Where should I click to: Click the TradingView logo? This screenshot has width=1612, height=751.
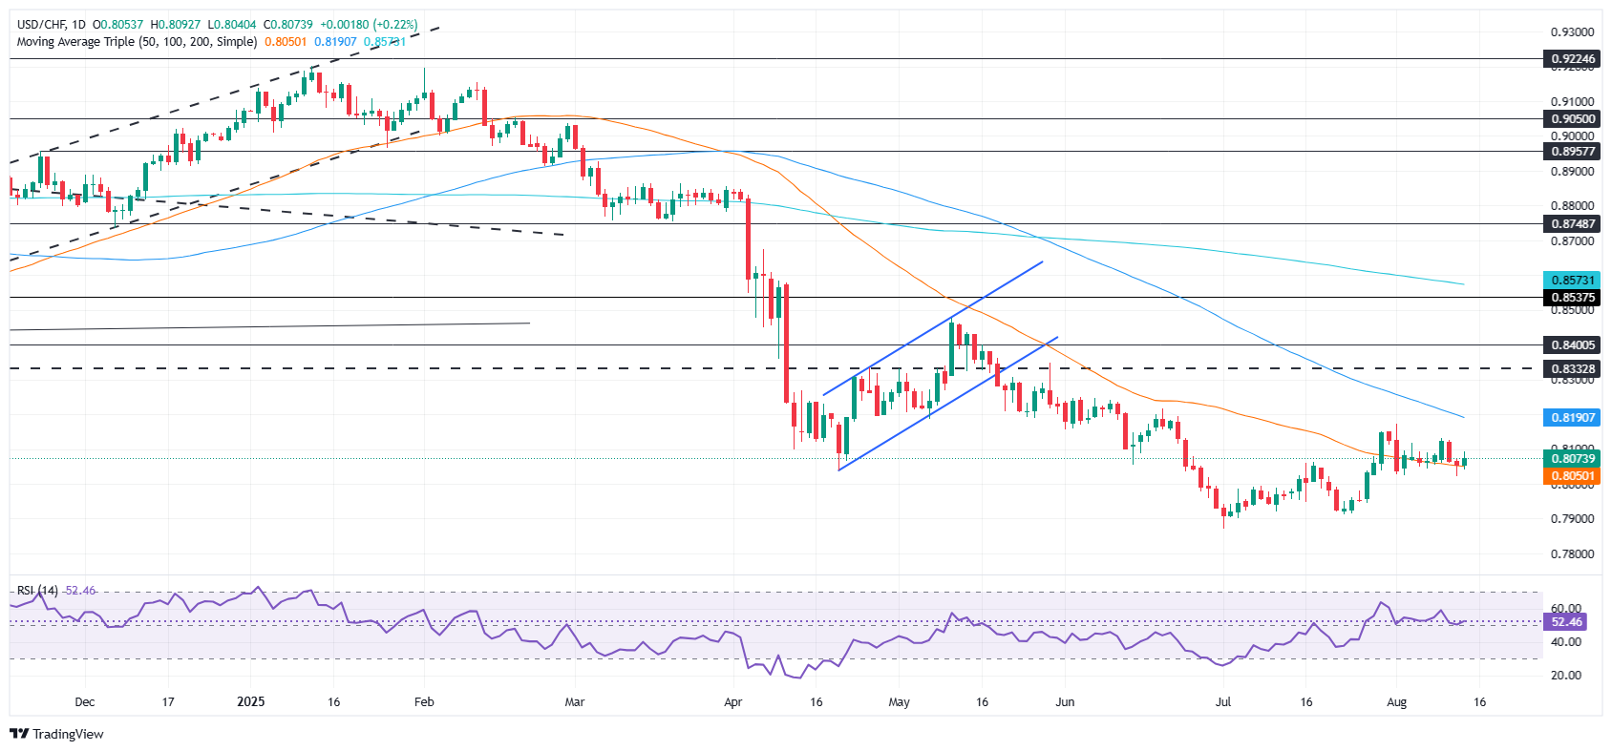(56, 734)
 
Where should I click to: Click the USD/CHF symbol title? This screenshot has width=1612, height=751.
(42, 24)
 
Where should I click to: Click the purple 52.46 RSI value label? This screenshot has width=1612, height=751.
(1566, 622)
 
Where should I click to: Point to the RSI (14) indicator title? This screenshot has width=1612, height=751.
(37, 591)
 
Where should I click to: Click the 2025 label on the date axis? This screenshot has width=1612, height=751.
(250, 702)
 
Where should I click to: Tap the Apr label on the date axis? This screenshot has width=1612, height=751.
(732, 702)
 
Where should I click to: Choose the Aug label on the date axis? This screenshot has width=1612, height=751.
(1396, 702)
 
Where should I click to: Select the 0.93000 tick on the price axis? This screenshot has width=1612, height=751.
(1572, 32)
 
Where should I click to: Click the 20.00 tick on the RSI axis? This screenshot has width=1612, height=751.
(1566, 676)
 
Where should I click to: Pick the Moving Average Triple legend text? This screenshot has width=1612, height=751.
(137, 42)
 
